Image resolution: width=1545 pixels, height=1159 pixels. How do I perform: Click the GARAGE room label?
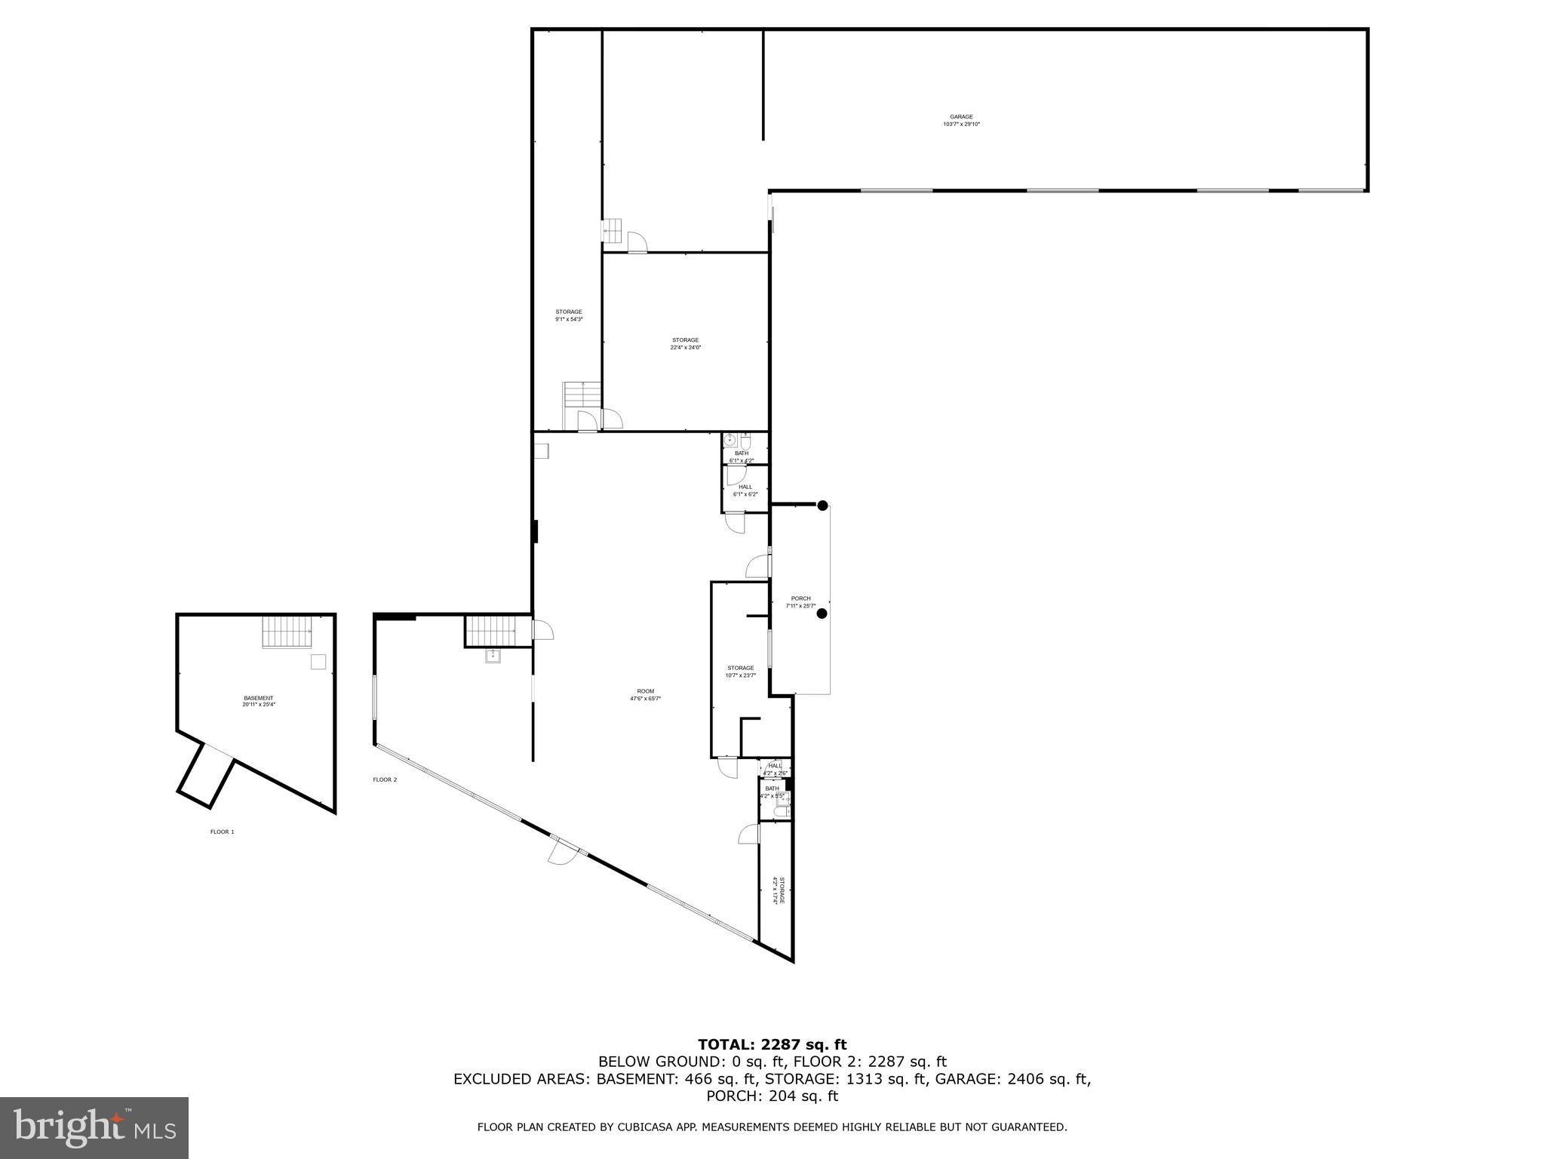(961, 121)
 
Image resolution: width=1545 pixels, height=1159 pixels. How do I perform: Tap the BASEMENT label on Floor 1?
(258, 701)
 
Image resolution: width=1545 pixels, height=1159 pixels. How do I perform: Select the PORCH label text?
(800, 601)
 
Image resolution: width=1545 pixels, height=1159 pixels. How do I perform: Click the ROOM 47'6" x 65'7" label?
(645, 694)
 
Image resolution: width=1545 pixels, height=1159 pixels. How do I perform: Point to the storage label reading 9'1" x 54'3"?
(569, 315)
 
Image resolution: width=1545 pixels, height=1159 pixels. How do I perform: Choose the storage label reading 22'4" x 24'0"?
(686, 343)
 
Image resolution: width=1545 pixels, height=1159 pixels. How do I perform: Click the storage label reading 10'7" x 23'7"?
(740, 672)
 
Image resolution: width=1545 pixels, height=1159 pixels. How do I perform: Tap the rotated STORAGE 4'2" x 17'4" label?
(778, 891)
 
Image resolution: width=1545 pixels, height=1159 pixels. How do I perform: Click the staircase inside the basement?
(287, 632)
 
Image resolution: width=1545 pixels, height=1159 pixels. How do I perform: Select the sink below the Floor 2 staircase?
(493, 656)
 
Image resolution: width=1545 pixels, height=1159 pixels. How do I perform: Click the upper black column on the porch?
(823, 506)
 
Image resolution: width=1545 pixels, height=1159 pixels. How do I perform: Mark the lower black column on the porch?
(822, 613)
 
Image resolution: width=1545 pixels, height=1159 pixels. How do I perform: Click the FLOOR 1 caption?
(222, 832)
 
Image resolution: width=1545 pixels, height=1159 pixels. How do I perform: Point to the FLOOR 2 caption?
(385, 779)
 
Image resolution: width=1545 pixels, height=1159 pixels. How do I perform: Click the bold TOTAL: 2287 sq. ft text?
(772, 1044)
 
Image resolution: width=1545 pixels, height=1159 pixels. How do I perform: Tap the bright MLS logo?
(94, 1127)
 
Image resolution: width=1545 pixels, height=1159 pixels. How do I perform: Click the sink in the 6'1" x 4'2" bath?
(729, 440)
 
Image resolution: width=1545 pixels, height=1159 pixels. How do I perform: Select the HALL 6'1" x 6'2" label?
(745, 490)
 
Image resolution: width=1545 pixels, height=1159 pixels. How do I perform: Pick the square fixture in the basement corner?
(319, 662)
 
